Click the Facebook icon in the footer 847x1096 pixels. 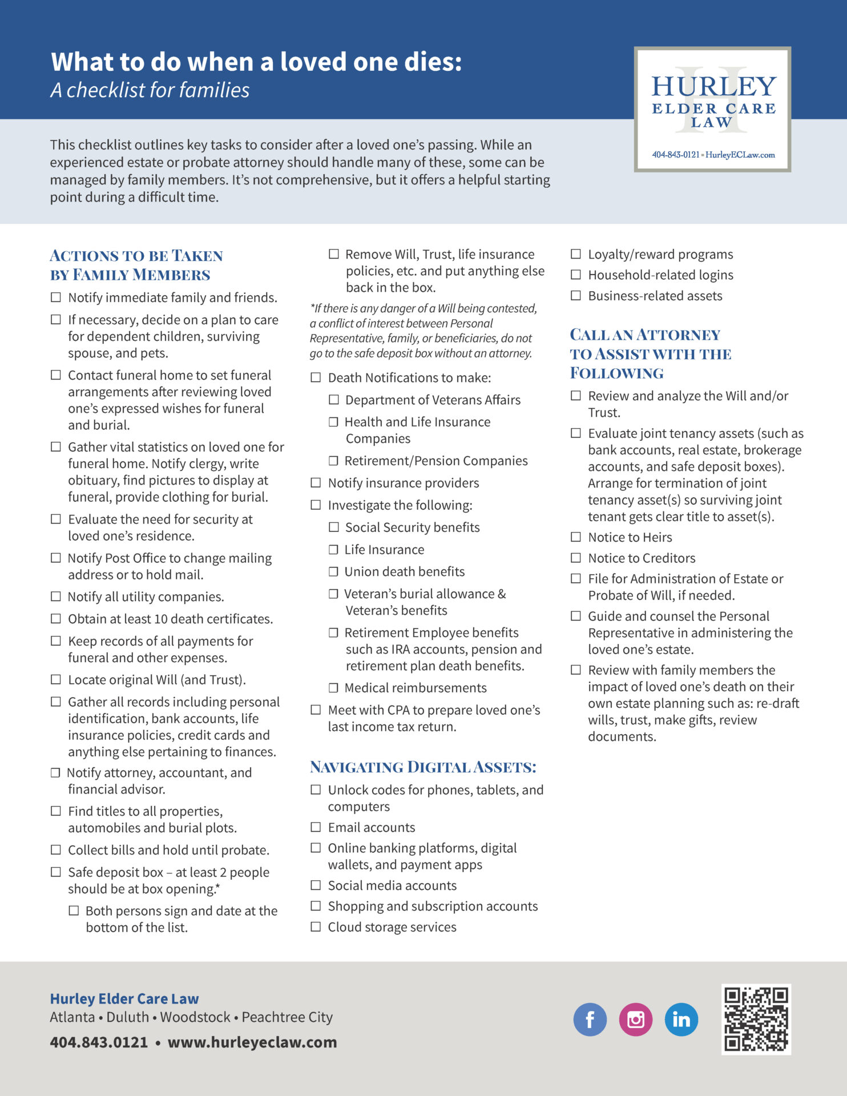(590, 1019)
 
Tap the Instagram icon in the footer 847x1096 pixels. (635, 1019)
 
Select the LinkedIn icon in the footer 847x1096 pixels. (681, 1019)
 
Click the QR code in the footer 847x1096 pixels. (756, 1019)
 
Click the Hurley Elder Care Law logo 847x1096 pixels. (712, 109)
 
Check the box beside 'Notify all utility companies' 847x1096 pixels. (56, 597)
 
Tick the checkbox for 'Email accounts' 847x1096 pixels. (316, 827)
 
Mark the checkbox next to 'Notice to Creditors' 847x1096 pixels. (576, 558)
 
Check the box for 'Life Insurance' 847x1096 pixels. (333, 549)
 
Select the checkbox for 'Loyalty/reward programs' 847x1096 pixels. (576, 254)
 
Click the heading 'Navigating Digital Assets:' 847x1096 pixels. (423, 767)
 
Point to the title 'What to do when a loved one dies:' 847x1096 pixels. (256, 62)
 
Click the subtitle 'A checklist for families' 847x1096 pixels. (150, 90)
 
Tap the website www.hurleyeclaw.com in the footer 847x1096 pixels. (252, 1042)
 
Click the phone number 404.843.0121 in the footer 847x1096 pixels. (99, 1042)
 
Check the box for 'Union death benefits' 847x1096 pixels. (333, 571)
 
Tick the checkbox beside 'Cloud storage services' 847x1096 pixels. (316, 927)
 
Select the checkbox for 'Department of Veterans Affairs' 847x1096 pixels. (334, 400)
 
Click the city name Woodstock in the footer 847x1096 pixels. (195, 1017)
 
